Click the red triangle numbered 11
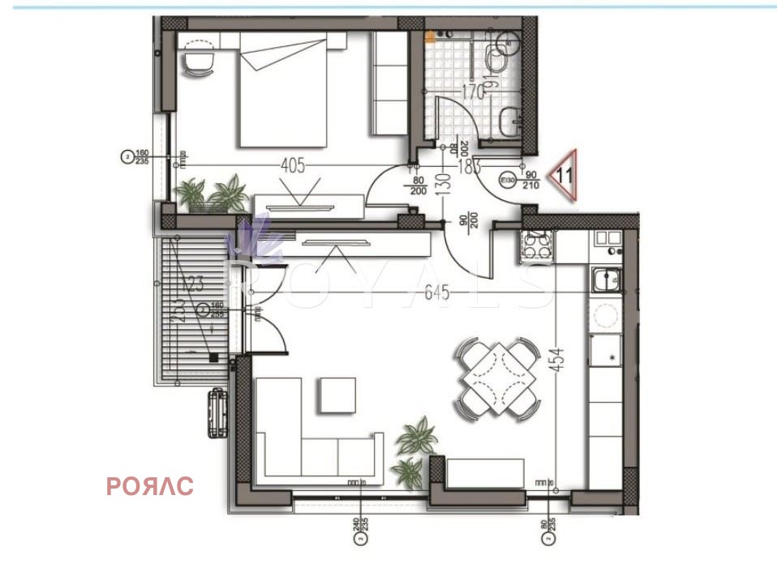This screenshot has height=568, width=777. [565, 174]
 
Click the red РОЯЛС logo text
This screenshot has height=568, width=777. [150, 486]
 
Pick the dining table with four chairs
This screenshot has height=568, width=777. [498, 378]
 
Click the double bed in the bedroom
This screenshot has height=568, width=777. [282, 89]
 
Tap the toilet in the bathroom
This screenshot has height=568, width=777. [496, 58]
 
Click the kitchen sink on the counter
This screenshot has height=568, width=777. [606, 280]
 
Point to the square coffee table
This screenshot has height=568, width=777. [337, 395]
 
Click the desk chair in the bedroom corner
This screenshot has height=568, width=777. [195, 59]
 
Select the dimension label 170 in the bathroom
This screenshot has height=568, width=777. [473, 92]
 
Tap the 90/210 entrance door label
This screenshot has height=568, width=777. [532, 179]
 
